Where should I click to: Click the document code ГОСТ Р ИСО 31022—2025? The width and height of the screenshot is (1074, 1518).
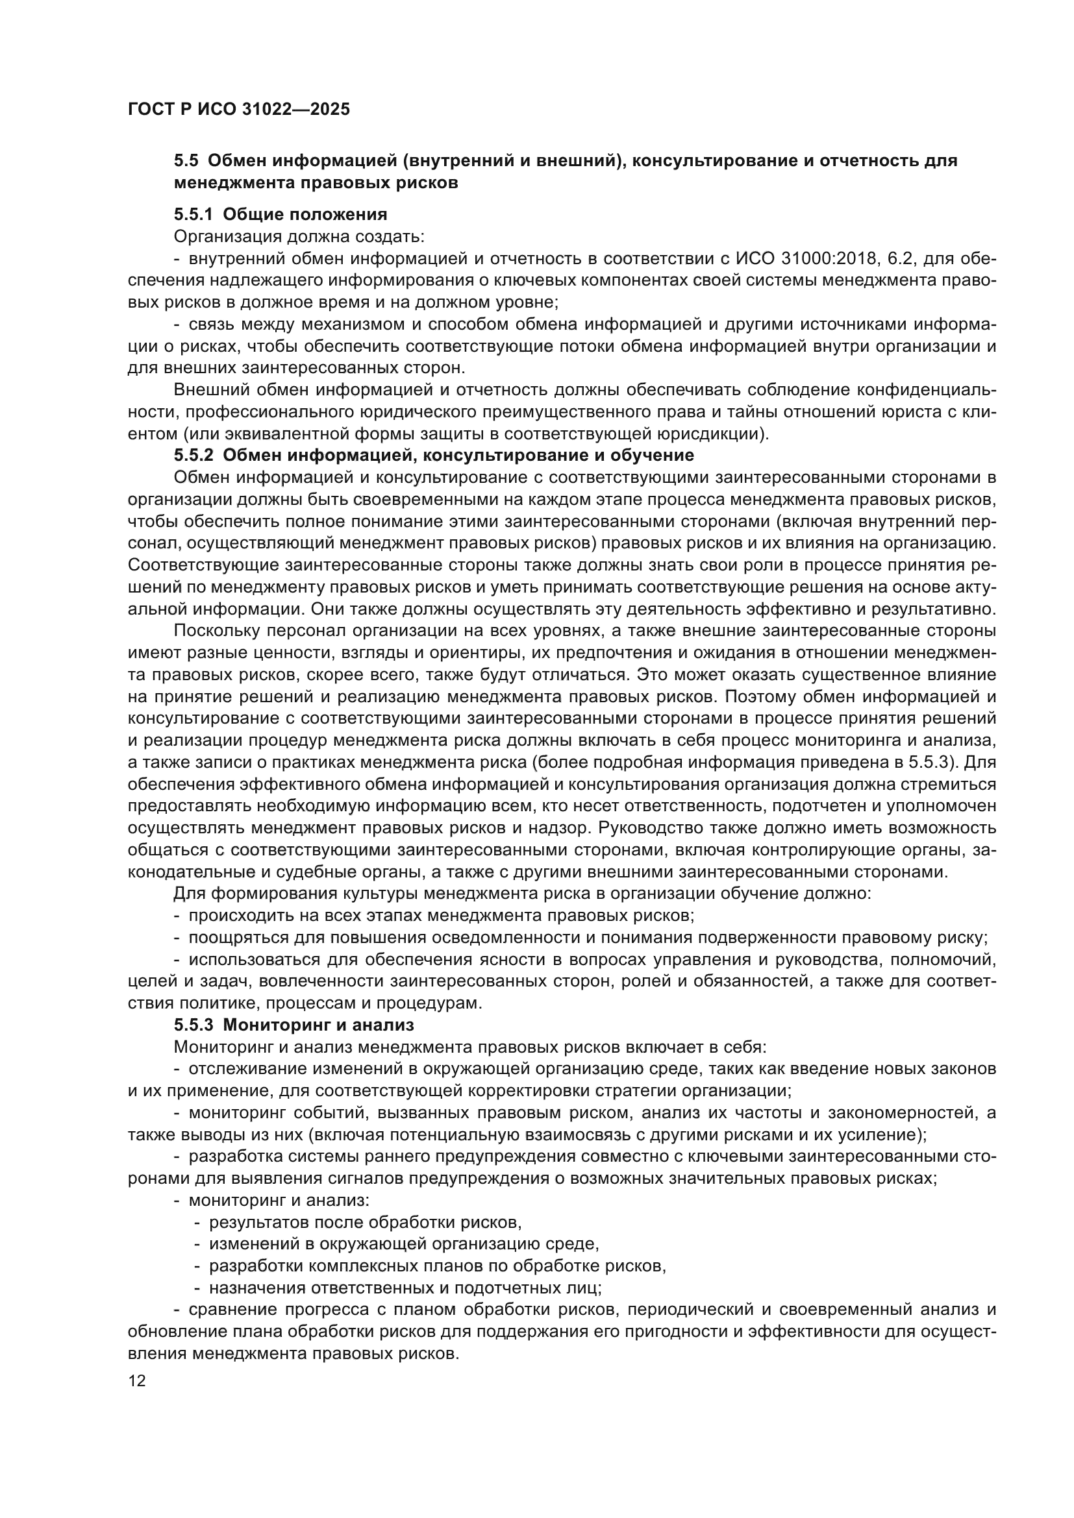[x=239, y=110]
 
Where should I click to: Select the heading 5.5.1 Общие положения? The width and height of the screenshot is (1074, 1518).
[x=281, y=214]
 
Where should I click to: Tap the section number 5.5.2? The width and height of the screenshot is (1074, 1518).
[x=194, y=456]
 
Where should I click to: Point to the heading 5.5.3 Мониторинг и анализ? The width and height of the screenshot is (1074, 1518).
[x=293, y=1025]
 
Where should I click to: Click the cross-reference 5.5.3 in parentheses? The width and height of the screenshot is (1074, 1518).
[x=929, y=763]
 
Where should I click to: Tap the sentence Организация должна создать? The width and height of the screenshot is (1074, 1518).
[x=299, y=236]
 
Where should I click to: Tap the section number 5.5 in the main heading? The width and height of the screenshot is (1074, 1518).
[x=186, y=161]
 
